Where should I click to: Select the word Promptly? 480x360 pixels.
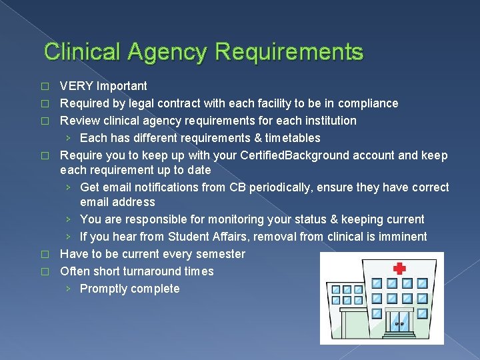click(x=103, y=289)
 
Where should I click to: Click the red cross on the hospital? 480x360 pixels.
click(x=400, y=268)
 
